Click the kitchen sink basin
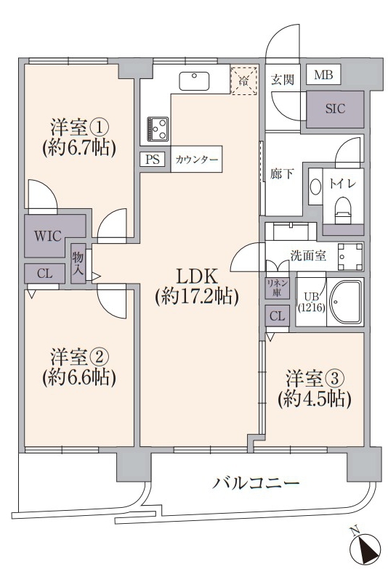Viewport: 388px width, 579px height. click(x=194, y=81)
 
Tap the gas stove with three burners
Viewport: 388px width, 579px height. click(x=158, y=128)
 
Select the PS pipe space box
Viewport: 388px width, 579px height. click(x=153, y=160)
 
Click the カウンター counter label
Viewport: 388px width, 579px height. click(x=196, y=160)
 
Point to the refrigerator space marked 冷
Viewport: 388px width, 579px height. click(x=243, y=80)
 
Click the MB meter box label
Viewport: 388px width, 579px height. click(x=323, y=75)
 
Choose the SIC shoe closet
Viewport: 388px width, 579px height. click(x=335, y=110)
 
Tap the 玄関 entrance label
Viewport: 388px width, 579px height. click(x=283, y=79)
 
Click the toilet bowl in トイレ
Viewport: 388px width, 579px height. click(x=343, y=210)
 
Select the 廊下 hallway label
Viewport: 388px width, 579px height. click(x=282, y=173)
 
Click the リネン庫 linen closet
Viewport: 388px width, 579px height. click(x=278, y=288)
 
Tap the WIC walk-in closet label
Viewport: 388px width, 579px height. click(x=48, y=236)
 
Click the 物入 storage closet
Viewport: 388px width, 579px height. click(x=78, y=263)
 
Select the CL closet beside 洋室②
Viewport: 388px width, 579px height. click(x=45, y=274)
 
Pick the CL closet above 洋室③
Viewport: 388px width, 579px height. click(x=277, y=316)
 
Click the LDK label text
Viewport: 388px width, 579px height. click(x=196, y=276)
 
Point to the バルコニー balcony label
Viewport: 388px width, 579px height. click(x=256, y=482)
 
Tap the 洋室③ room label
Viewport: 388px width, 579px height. click(x=315, y=378)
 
